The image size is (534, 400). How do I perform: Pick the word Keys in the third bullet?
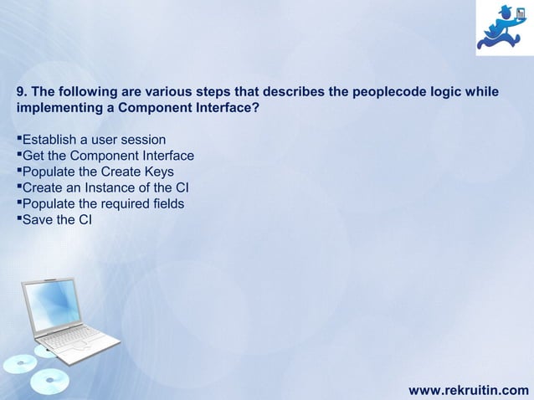158,172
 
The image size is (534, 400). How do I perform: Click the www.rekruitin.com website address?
468,389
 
